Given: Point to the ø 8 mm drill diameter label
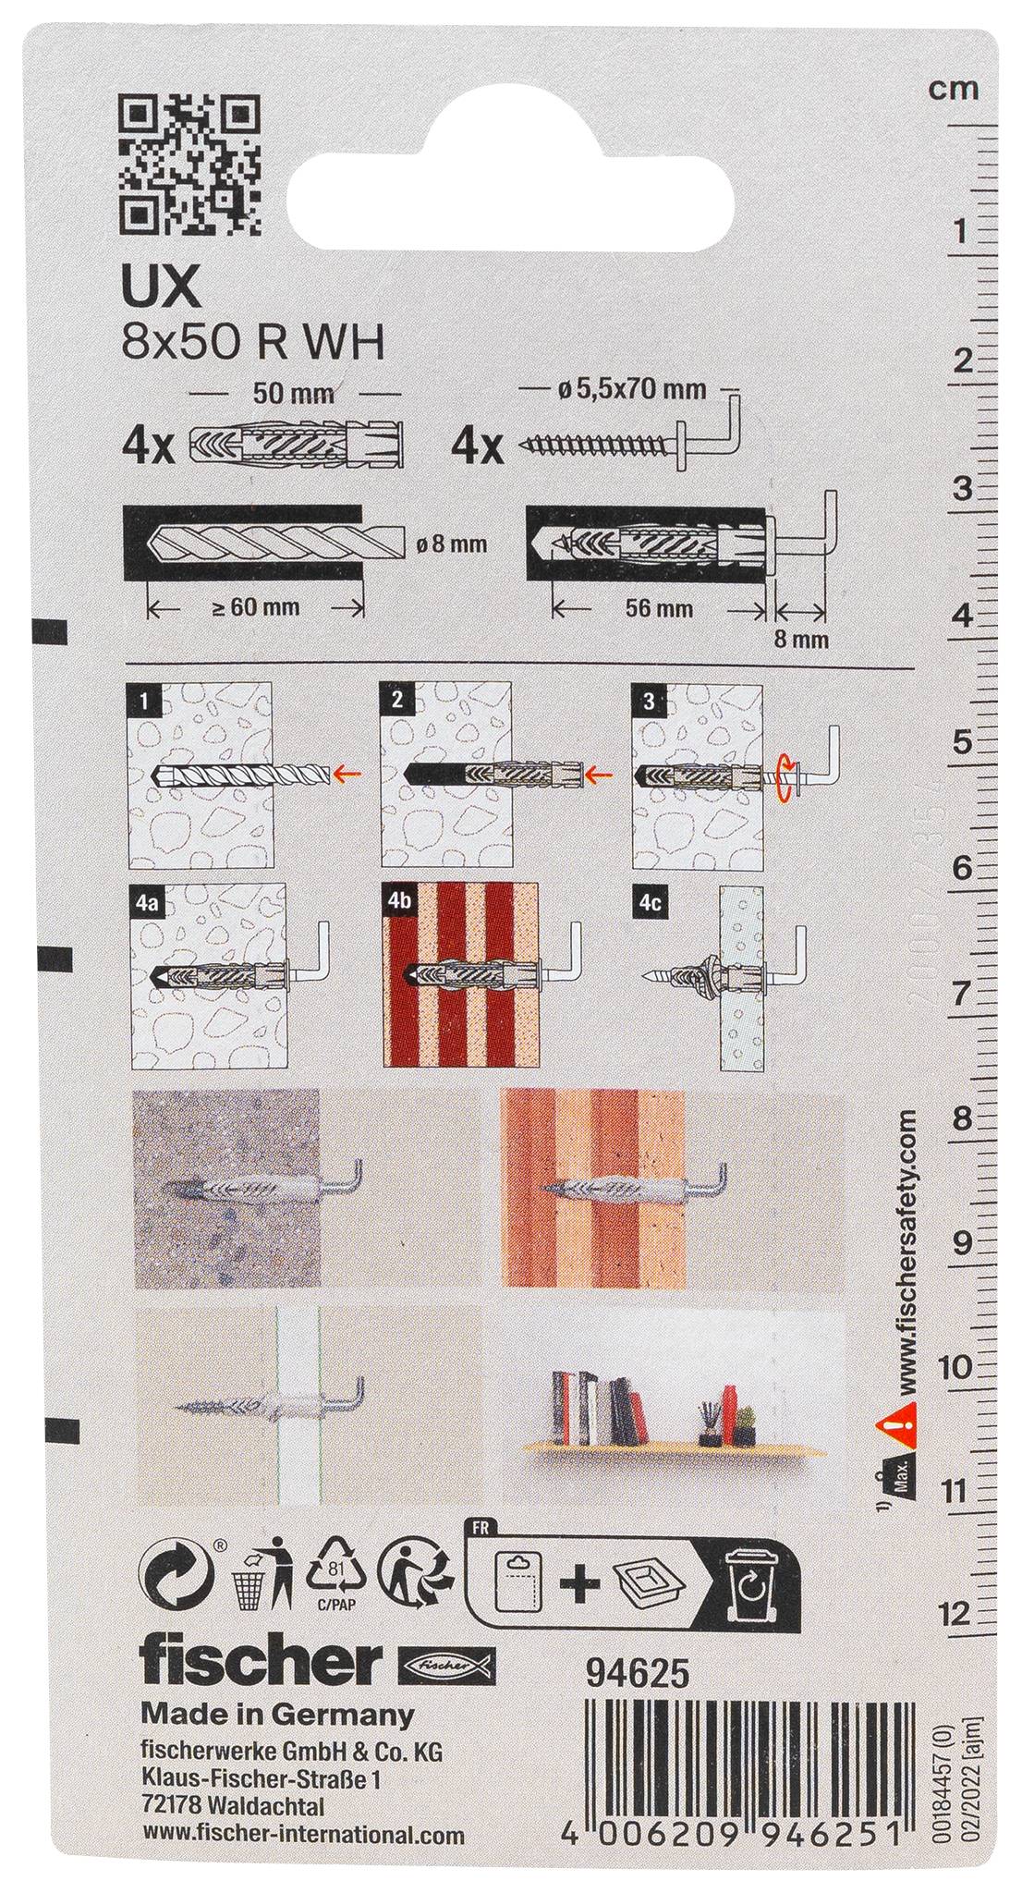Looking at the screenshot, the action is pyautogui.click(x=451, y=544).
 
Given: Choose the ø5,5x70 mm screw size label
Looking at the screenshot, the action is pyautogui.click(x=632, y=389).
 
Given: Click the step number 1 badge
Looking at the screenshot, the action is pyautogui.click(x=142, y=700).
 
